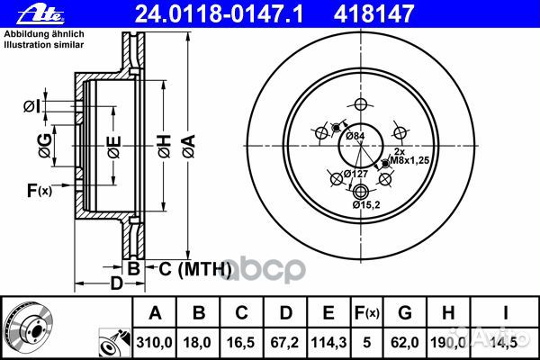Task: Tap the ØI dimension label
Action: (x=31, y=107)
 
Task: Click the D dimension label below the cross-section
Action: (x=116, y=283)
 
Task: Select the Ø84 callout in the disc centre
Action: (x=355, y=136)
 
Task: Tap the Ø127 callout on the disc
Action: (x=354, y=173)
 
